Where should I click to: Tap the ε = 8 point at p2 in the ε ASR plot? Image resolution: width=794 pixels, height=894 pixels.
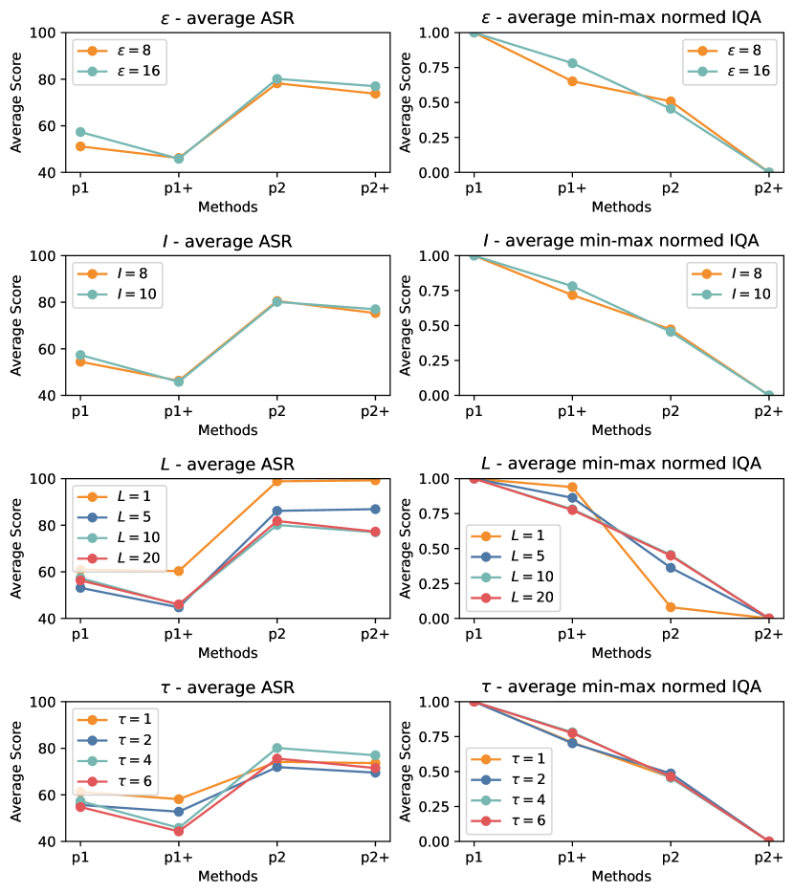pyautogui.click(x=276, y=83)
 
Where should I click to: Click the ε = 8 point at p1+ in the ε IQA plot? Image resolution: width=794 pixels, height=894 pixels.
pyautogui.click(x=572, y=81)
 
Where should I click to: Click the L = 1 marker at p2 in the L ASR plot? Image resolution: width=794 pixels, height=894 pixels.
pyautogui.click(x=276, y=481)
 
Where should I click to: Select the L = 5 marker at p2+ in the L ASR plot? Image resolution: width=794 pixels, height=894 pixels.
pyautogui.click(x=375, y=509)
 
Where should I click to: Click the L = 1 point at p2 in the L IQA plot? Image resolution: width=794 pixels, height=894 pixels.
pyautogui.click(x=671, y=607)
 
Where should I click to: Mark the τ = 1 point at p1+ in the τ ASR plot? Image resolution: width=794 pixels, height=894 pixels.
pyautogui.click(x=178, y=799)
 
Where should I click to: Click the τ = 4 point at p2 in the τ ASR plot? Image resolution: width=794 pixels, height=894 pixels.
pyautogui.click(x=276, y=748)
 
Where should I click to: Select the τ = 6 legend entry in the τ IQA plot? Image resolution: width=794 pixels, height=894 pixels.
pyautogui.click(x=515, y=821)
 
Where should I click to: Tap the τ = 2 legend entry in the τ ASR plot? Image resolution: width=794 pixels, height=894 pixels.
pyautogui.click(x=121, y=739)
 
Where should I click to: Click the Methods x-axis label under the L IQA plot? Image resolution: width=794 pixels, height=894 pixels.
pyautogui.click(x=621, y=654)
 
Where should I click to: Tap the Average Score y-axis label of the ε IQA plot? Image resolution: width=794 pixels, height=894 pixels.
pyautogui.click(x=405, y=102)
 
